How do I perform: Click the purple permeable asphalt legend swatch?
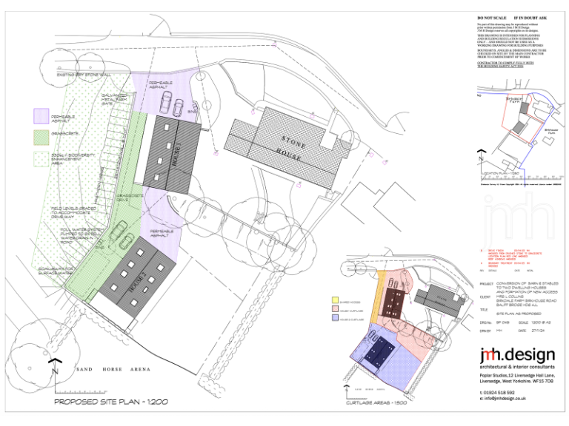point(41,116)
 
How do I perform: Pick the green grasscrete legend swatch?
point(41,137)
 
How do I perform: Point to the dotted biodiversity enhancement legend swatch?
point(41,158)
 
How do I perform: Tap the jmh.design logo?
point(515,357)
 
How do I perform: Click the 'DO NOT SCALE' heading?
point(492,16)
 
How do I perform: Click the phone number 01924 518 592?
point(498,391)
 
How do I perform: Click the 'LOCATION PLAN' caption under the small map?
point(504,175)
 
